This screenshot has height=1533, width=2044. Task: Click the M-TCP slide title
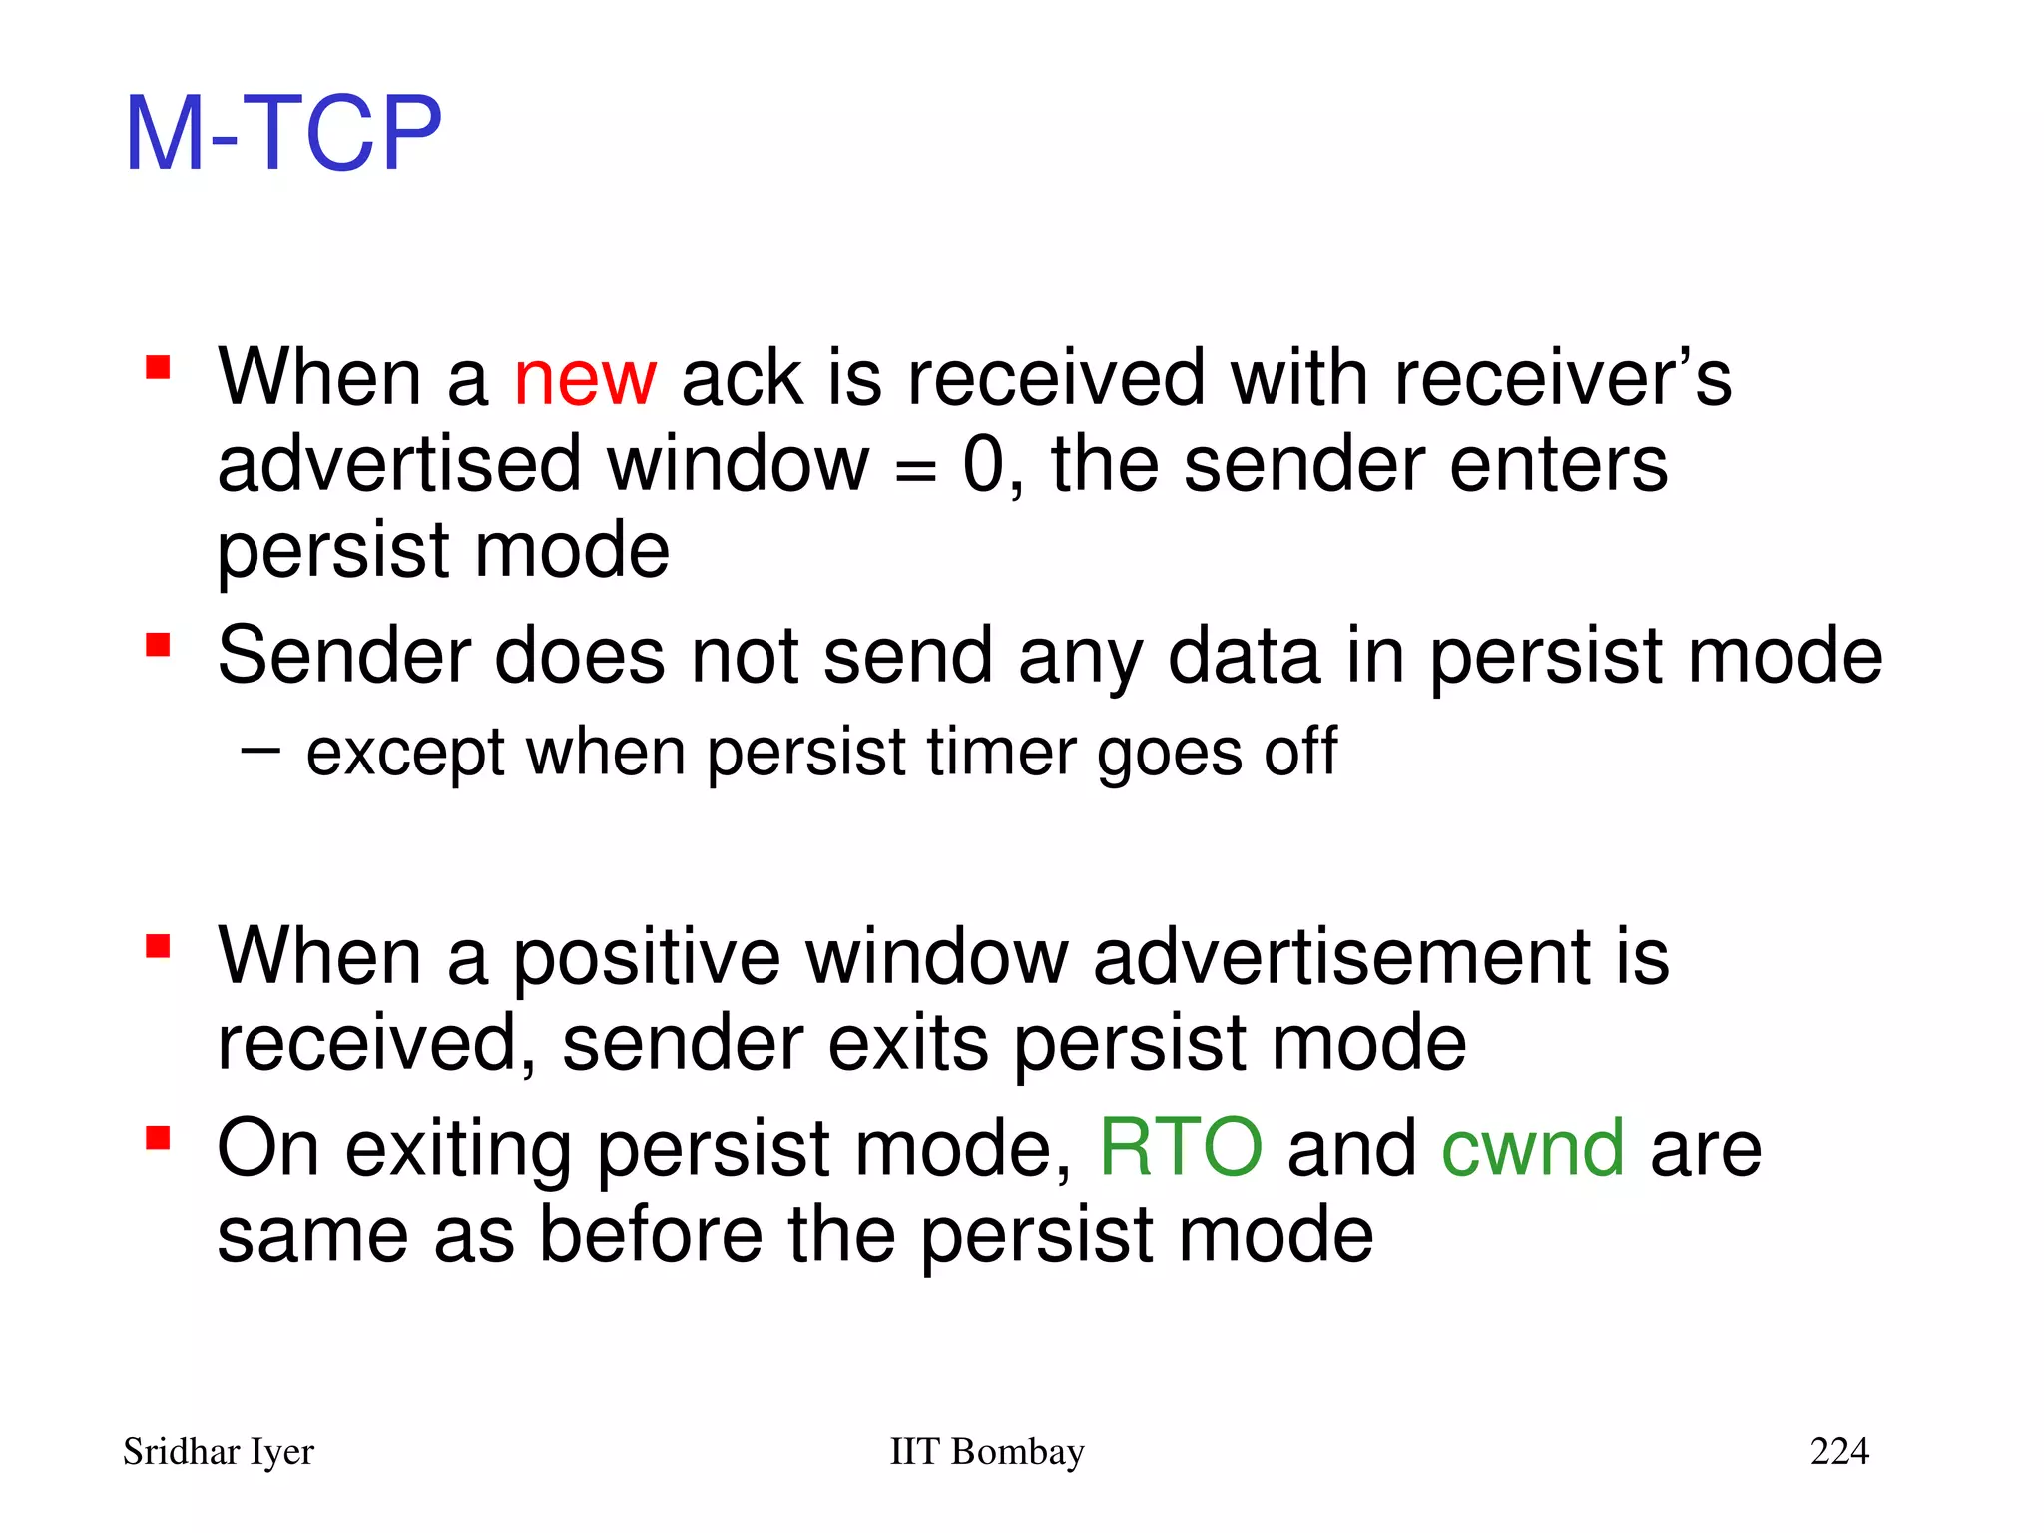point(282,133)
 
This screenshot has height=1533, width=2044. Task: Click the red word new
point(585,379)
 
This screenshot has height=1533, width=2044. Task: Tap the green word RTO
point(1181,1149)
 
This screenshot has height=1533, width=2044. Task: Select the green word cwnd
point(1533,1149)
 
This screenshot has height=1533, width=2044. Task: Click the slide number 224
point(1839,1451)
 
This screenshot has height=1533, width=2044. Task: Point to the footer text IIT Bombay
point(986,1451)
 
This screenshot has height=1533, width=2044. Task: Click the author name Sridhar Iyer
point(218,1451)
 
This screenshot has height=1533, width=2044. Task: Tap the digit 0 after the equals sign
point(983,465)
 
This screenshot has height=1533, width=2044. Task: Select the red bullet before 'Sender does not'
point(158,645)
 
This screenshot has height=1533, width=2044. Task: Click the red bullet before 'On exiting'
point(158,1138)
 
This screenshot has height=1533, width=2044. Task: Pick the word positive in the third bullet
point(646,958)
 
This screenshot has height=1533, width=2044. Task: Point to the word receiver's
point(1562,379)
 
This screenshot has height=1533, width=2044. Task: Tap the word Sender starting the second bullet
point(343,656)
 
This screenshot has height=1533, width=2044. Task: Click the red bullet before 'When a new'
point(158,368)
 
